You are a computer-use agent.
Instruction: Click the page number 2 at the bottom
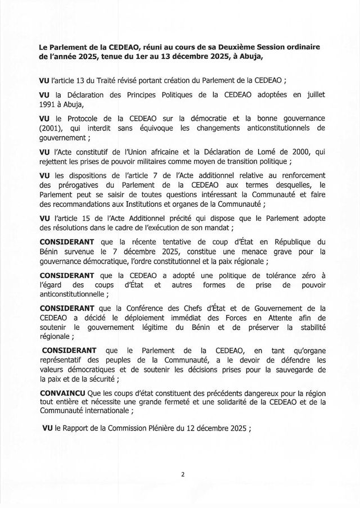click(183, 474)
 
